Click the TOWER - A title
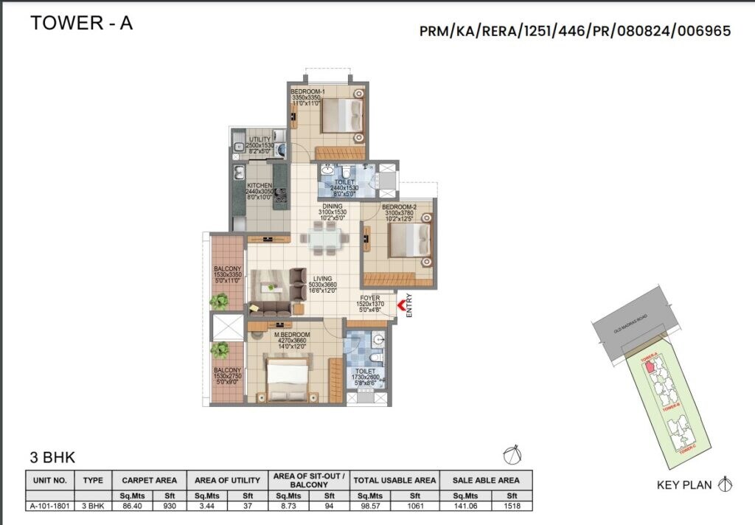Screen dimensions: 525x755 [81, 23]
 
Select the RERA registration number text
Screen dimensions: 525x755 [575, 31]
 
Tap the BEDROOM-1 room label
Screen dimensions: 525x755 [305, 91]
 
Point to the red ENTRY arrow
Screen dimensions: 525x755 [402, 305]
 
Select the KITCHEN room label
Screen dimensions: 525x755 [260, 186]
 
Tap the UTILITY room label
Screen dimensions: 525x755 [260, 139]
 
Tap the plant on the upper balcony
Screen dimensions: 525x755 [219, 301]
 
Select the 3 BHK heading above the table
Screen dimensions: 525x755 [52, 457]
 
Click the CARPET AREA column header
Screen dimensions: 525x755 [149, 480]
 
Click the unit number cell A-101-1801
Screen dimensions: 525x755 [50, 506]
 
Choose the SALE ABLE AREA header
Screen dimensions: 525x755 [484, 480]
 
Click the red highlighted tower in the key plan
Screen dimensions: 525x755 [648, 366]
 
